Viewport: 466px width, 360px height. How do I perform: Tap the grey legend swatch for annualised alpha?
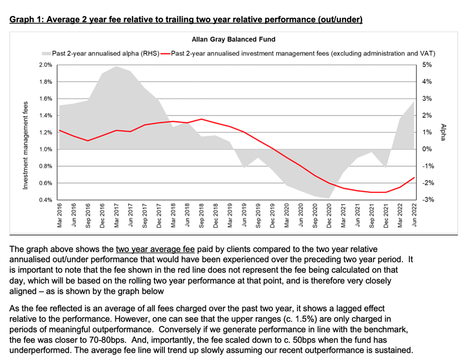coord(46,53)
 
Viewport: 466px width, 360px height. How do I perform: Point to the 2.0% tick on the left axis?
coord(46,65)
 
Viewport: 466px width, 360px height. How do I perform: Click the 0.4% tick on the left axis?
coord(46,200)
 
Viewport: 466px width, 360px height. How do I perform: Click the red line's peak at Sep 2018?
coord(201,119)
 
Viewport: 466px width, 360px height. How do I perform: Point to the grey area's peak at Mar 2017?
coord(116,66)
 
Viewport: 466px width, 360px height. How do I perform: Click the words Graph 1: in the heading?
coord(26,20)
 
